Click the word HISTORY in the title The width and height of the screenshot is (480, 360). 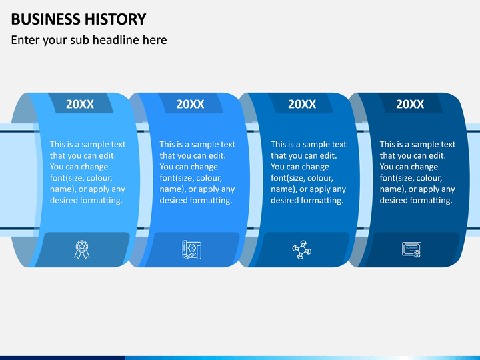[112, 19]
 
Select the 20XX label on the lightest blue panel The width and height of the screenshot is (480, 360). [80, 104]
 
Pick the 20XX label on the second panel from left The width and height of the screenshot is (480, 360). [190, 104]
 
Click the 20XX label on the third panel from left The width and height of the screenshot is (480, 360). [301, 104]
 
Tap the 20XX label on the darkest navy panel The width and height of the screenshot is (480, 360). [410, 104]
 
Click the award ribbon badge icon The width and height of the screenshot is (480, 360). [81, 250]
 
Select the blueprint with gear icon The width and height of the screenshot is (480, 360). [191, 250]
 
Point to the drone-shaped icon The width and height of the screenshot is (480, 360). [302, 250]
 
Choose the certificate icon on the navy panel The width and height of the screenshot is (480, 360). [411, 250]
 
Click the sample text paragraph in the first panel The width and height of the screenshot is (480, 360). [87, 172]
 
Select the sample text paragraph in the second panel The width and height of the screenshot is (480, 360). [197, 172]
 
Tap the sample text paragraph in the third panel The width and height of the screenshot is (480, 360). [308, 172]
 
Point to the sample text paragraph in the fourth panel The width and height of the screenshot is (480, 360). [417, 172]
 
